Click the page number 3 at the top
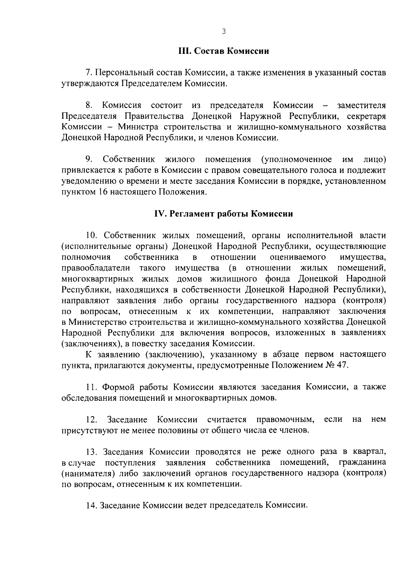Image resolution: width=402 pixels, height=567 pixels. click(224, 32)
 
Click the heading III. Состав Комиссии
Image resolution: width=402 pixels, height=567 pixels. click(223, 51)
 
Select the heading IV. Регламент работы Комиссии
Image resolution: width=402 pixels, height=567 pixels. click(223, 214)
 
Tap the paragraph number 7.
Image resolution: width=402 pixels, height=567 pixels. click(89, 73)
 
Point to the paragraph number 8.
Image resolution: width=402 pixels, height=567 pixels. click(89, 105)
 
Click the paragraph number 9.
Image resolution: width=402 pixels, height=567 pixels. click(89, 160)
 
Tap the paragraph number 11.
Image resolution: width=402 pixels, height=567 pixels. click(91, 387)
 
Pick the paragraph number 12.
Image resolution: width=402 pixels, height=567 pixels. click(91, 419)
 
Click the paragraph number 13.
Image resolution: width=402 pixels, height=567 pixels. click(91, 452)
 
